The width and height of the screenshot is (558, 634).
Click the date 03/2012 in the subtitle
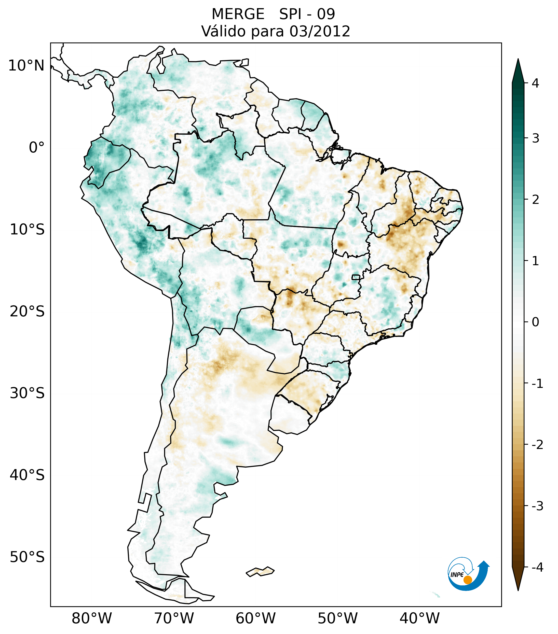pos(320,31)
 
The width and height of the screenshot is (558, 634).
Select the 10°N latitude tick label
pos(26,66)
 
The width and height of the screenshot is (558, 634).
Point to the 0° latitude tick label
pos(37,148)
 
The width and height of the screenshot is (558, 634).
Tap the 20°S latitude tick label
pos(27,312)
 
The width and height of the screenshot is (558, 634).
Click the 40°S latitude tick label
pos(27,475)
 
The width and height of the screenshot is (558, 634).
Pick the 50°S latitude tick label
pos(27,557)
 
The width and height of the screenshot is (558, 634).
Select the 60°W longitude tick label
pos(255,618)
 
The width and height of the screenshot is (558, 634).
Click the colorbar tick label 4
pos(535,83)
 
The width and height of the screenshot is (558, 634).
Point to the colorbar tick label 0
pos(535,322)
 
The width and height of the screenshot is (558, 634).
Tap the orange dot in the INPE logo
pos(467,580)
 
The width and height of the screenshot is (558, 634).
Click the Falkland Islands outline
pos(260,571)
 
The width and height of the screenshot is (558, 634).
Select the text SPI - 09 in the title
pos(307,14)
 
